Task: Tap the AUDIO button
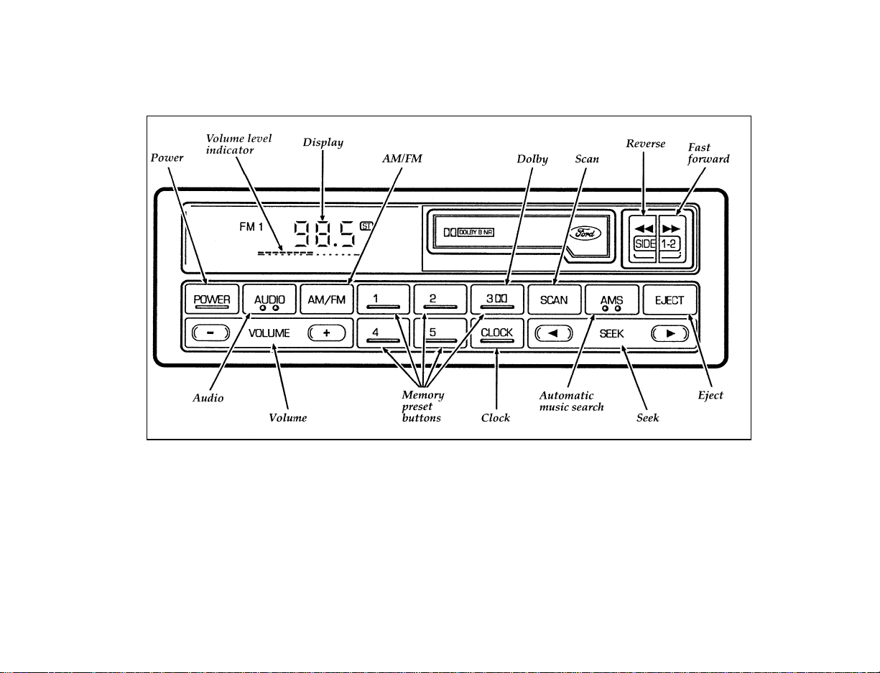coord(269,300)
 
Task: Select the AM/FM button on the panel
coord(327,300)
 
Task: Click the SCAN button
coord(555,300)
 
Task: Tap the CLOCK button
coord(497,333)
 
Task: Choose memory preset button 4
coord(384,333)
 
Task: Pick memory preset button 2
coord(440,300)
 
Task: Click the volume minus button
coord(211,333)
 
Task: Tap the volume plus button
coord(327,333)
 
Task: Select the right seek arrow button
coord(670,333)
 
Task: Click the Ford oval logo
coord(585,233)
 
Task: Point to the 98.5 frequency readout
coord(325,233)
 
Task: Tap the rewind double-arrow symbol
coord(644,229)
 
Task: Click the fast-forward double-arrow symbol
coord(671,229)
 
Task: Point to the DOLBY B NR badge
coord(476,232)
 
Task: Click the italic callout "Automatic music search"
coord(571,402)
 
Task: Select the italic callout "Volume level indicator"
coord(238,144)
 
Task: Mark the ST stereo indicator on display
coord(366,226)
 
